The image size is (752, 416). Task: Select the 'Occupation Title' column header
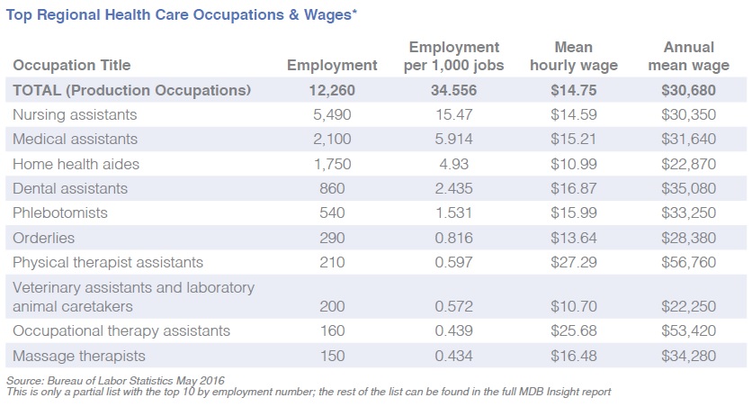[71, 65]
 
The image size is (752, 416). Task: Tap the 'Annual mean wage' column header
[688, 56]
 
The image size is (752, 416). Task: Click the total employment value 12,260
[332, 90]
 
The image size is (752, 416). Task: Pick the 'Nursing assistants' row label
[74, 114]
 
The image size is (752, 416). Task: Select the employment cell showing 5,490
[332, 114]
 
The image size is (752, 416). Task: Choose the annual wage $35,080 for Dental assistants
[688, 188]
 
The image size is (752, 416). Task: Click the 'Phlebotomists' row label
[59, 213]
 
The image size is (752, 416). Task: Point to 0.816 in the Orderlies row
[453, 238]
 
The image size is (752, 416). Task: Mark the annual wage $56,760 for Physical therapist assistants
[688, 262]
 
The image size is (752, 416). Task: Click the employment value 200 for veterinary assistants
[332, 306]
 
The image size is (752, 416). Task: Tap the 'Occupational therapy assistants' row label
[121, 330]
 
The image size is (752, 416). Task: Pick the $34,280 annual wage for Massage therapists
[688, 356]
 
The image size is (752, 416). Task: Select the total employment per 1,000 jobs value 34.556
[453, 90]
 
